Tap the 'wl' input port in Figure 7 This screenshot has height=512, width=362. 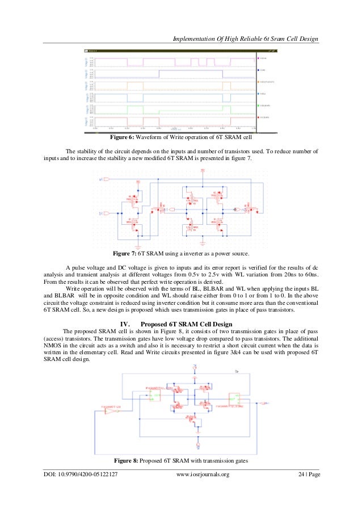coord(102,180)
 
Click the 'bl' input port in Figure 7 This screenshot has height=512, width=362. coord(102,213)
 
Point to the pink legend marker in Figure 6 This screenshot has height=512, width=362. coord(259,58)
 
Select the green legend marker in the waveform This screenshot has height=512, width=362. coord(259,106)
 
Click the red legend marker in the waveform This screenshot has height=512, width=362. coord(259,117)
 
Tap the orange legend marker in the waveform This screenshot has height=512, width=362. coord(259,82)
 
